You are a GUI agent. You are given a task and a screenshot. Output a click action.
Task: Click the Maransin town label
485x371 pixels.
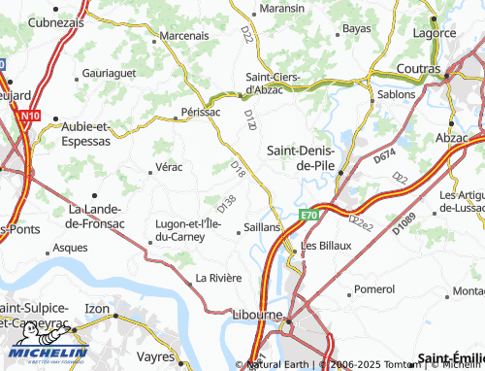click(x=282, y=9)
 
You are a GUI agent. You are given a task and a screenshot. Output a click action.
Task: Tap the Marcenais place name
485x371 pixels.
click(x=183, y=35)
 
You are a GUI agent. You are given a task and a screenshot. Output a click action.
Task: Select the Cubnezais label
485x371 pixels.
click(x=54, y=21)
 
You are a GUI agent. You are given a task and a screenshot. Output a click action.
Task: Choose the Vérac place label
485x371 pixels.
click(x=169, y=167)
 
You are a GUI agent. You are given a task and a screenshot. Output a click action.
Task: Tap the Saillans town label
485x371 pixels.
click(x=262, y=225)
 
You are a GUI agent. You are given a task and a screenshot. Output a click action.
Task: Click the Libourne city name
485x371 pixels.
click(x=257, y=315)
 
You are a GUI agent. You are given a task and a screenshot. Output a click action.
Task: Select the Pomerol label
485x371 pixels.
click(x=374, y=289)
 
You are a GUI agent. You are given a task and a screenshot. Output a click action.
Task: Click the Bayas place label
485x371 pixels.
click(x=356, y=29)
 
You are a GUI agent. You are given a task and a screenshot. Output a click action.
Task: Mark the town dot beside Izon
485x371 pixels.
click(x=115, y=316)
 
